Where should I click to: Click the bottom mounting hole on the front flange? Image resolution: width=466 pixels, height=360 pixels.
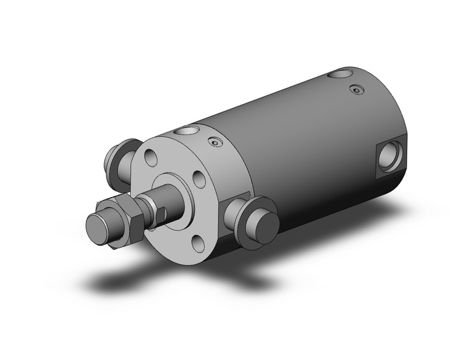198,243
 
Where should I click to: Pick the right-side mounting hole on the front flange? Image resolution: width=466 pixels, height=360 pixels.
198,179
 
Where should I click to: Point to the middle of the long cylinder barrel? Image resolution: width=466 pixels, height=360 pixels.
294,147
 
